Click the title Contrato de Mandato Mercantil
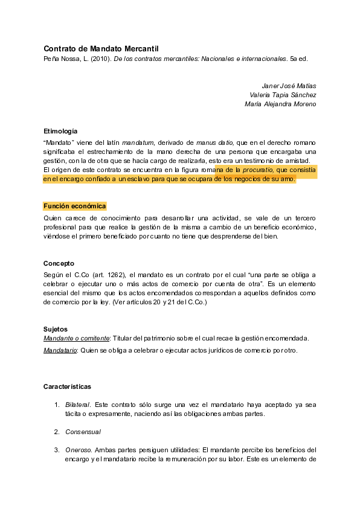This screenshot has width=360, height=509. pyautogui.click(x=101, y=48)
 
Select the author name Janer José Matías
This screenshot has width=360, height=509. pyautogui.click(x=289, y=86)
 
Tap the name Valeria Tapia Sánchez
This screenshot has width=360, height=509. pyautogui.click(x=283, y=95)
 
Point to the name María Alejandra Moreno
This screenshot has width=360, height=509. pyautogui.click(x=280, y=104)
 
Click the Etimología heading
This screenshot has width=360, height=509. pyautogui.click(x=60, y=131)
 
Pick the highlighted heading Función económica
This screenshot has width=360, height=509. pyautogui.click(x=75, y=206)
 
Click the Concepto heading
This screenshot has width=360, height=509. pyautogui.click(x=59, y=263)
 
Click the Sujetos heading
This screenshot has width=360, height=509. pyautogui.click(x=56, y=329)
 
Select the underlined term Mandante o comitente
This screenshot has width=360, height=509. pyautogui.click(x=75, y=338)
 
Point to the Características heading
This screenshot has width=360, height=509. pyautogui.click(x=67, y=386)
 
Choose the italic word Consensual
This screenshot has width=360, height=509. pyautogui.click(x=83, y=432)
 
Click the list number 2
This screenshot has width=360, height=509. pyautogui.click(x=57, y=432)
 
